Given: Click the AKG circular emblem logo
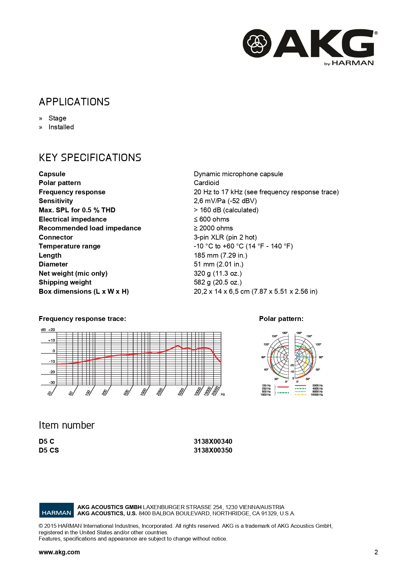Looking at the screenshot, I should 257,43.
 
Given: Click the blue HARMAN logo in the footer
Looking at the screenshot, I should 56,510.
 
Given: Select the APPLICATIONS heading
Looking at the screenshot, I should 74,102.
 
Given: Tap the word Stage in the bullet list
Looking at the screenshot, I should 57,118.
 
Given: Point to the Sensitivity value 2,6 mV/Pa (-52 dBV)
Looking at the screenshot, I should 225,201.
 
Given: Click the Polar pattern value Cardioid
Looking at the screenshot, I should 206,183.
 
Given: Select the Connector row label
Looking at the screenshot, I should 56,237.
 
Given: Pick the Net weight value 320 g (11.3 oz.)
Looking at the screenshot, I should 217,273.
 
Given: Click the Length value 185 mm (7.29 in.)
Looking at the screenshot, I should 220,255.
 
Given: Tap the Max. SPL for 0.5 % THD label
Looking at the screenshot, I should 77,210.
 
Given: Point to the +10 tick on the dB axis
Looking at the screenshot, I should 51,340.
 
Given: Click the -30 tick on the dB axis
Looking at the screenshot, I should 52,382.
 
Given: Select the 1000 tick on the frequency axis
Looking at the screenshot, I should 143,392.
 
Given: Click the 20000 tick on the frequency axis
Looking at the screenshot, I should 215,391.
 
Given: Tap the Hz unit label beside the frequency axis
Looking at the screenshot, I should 223,394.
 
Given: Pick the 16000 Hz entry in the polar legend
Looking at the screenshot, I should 317,395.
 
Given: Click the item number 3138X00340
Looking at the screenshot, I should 213,441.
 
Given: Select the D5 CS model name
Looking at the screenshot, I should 49,450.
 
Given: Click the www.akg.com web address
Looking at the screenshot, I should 59,552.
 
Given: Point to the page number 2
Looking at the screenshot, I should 376,552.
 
